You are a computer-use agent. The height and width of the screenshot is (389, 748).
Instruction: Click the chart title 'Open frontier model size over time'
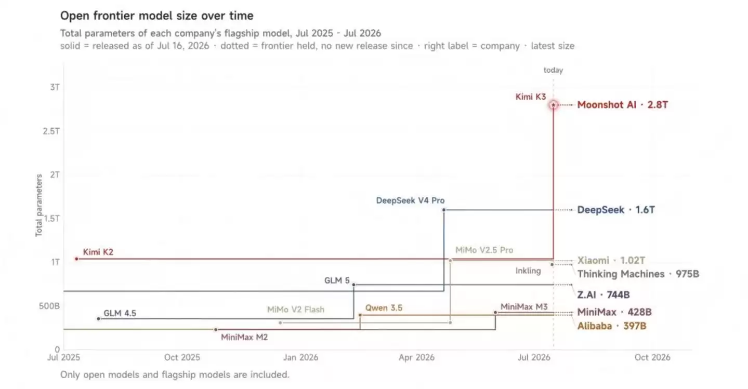(x=156, y=16)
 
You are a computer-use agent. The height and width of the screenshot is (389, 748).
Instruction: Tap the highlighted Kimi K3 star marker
(x=553, y=105)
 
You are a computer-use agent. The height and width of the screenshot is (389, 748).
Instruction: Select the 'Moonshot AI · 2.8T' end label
(x=622, y=105)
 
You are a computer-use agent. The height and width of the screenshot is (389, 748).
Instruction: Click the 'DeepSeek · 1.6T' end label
(x=616, y=210)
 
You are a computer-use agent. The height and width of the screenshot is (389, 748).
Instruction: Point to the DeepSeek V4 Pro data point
(x=444, y=210)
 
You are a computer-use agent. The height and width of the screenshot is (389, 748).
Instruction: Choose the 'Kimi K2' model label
(x=98, y=252)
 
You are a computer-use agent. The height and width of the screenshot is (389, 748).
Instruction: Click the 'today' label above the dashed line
(x=553, y=70)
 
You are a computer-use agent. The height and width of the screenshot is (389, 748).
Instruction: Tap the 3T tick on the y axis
(x=55, y=87)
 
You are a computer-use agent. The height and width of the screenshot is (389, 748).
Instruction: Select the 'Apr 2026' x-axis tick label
(x=416, y=358)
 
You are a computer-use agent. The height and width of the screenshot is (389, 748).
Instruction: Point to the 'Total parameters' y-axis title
(x=39, y=205)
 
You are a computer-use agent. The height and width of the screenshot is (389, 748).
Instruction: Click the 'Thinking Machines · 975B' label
(x=638, y=274)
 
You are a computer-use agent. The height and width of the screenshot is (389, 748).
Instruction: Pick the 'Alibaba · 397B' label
(x=612, y=326)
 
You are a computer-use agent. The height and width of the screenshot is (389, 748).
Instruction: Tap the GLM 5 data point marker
(x=353, y=285)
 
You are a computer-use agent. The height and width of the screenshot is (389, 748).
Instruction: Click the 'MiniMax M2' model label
(x=244, y=337)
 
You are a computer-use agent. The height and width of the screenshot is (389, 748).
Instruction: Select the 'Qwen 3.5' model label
(x=384, y=308)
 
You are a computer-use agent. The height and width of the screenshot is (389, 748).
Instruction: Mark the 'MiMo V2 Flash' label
(x=296, y=310)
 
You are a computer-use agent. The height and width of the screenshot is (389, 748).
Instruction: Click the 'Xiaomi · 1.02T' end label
(x=611, y=260)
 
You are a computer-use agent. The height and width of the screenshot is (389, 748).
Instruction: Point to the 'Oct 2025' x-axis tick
(x=182, y=358)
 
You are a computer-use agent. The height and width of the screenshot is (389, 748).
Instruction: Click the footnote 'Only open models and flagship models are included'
(x=175, y=374)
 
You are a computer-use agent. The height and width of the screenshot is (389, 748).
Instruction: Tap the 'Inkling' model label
(x=528, y=271)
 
